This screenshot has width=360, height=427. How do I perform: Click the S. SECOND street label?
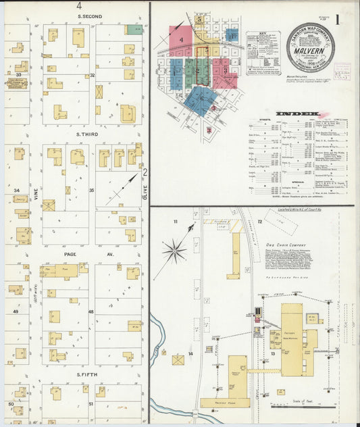[90, 16]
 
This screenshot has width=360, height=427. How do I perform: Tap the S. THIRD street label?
[88, 134]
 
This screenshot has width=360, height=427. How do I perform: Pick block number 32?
[92, 75]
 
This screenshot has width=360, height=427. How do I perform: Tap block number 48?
[91, 311]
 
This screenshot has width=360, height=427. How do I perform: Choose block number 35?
[92, 191]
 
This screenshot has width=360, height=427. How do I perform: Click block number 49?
[15, 311]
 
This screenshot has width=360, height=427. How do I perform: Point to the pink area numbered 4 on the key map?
[182, 39]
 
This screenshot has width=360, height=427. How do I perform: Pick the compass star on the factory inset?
[174, 252]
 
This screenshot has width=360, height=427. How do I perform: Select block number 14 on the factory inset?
[191, 353]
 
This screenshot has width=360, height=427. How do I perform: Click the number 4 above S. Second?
[79, 6]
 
